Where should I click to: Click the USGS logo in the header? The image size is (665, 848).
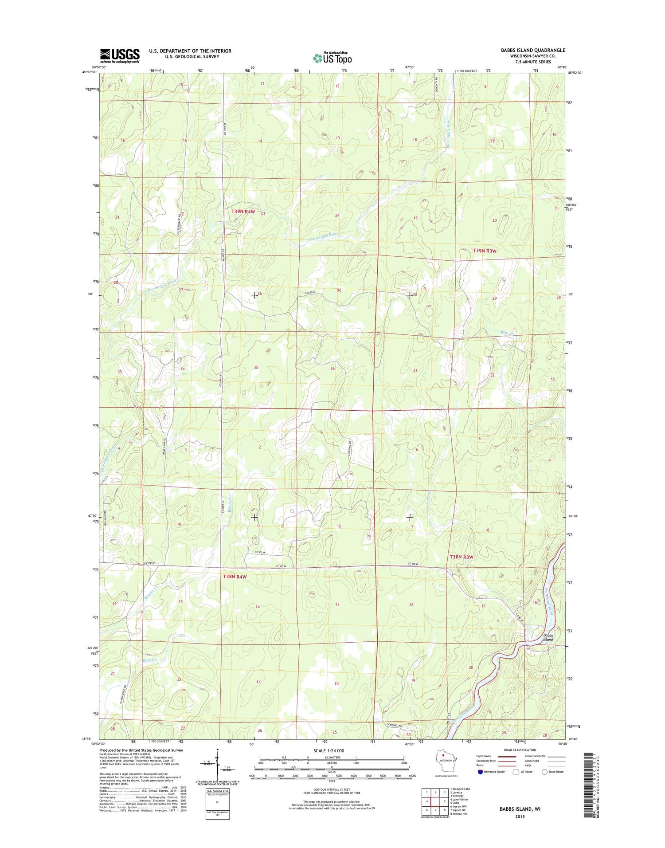pos(120,55)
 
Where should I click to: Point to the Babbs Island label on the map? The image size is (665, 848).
pos(548,637)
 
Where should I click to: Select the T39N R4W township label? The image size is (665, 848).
pos(243,212)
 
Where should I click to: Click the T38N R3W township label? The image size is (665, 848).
pos(462,557)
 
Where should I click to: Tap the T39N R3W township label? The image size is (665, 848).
pos(485,251)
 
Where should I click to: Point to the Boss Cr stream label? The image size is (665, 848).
pos(151,660)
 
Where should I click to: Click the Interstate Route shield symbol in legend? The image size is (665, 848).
pos(480,772)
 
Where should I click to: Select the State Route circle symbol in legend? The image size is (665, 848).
pos(545,772)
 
